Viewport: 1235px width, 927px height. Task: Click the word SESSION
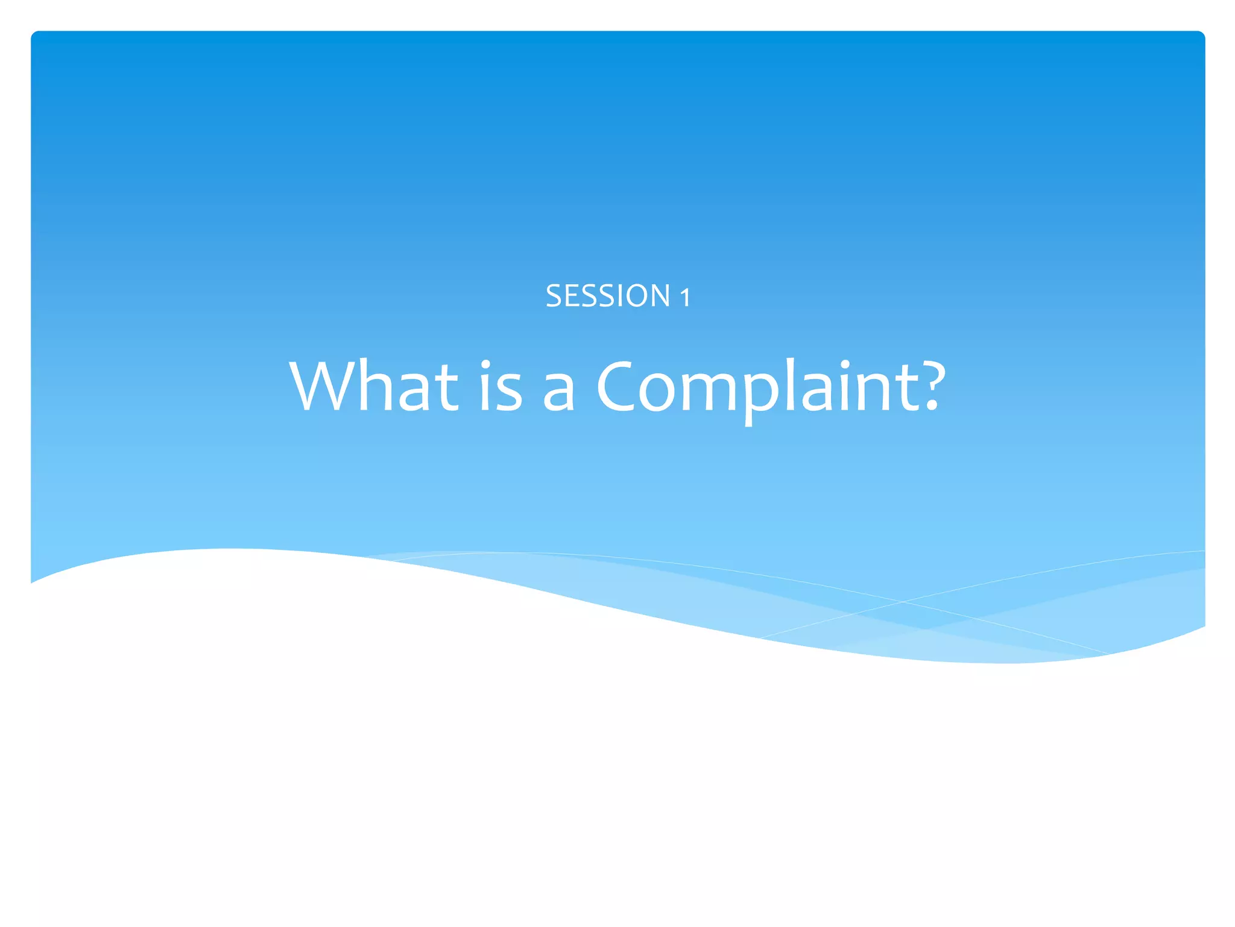(607, 296)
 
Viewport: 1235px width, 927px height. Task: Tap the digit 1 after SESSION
(685, 298)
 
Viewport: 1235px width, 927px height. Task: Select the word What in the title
(373, 386)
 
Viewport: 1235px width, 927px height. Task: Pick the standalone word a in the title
(558, 393)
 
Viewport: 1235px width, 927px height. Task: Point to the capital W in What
(325, 386)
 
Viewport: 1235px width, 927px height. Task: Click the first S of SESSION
(554, 296)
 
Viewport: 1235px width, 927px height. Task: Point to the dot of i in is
(485, 365)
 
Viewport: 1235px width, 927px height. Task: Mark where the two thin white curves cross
(903, 602)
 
